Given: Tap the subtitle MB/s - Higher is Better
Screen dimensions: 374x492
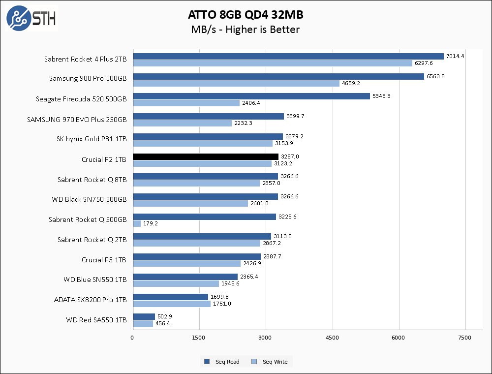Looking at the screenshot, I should (x=245, y=30).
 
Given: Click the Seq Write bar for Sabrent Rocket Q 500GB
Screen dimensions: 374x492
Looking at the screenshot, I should (x=137, y=223).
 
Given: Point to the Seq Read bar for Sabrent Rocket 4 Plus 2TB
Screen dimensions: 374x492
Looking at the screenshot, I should (x=288, y=56).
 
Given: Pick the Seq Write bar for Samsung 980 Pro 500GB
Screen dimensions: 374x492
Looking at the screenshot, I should (x=236, y=83).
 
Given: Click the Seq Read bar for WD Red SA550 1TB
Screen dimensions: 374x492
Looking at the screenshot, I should (x=144, y=316).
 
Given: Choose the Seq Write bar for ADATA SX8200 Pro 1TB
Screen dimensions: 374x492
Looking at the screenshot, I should (x=172, y=304).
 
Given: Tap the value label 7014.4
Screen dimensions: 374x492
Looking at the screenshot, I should (x=455, y=56).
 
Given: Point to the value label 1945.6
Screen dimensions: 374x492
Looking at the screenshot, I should (x=230, y=283).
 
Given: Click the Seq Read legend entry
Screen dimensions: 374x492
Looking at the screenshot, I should (x=222, y=362).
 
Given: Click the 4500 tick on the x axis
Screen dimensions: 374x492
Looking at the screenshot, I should (x=333, y=338).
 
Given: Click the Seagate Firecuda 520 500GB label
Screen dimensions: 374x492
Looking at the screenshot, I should (x=81, y=99).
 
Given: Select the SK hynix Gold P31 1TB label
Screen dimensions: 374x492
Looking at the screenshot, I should (x=92, y=139).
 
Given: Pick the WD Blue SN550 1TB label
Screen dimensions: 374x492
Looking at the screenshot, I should (x=95, y=280).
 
